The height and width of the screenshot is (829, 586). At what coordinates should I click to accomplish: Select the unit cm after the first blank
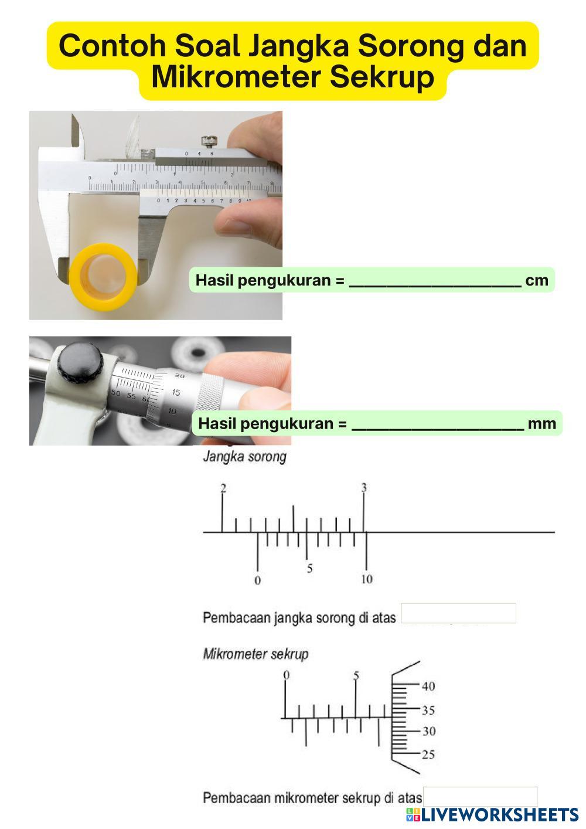click(x=537, y=280)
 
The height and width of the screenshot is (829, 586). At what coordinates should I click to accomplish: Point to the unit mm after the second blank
click(x=541, y=423)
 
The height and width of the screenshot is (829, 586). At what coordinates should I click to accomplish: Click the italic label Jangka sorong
click(x=244, y=457)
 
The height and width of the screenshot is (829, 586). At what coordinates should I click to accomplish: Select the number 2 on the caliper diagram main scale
click(x=223, y=488)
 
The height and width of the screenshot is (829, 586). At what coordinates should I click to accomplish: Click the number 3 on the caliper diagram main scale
click(x=364, y=488)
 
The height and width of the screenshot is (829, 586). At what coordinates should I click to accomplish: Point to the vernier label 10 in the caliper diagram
click(x=366, y=579)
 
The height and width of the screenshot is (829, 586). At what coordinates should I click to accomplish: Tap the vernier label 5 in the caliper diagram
click(x=309, y=569)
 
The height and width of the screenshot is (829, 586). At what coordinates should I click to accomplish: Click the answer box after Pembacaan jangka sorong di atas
click(x=458, y=613)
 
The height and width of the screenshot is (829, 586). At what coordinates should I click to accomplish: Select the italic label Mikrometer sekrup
click(x=255, y=654)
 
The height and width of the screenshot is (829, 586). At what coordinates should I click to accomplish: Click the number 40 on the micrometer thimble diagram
click(x=428, y=687)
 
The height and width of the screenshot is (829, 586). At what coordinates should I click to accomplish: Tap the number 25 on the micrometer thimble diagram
click(x=428, y=754)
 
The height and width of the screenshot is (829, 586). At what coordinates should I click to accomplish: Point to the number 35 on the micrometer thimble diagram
click(x=428, y=711)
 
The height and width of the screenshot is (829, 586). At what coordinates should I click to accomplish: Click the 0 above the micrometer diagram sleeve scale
click(x=286, y=675)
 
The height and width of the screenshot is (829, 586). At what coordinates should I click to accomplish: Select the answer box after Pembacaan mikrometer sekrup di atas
click(x=480, y=797)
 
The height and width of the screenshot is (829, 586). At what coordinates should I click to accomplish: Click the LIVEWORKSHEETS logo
click(x=492, y=814)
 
